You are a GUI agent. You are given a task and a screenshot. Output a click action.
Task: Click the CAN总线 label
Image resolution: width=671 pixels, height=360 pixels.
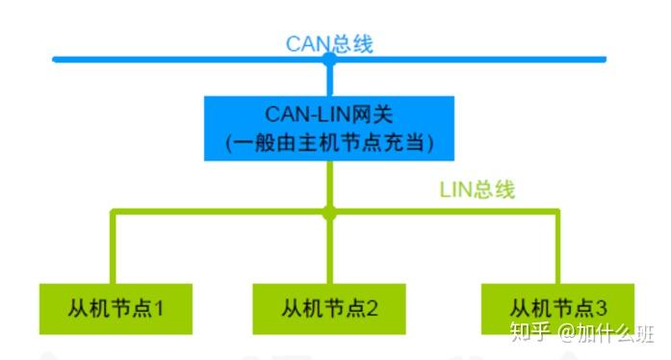click(x=328, y=43)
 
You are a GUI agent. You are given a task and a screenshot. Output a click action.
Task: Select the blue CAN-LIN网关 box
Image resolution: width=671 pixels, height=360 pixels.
click(x=329, y=128)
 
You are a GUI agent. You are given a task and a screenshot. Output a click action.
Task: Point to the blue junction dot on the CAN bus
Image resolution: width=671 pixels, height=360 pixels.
click(x=329, y=60)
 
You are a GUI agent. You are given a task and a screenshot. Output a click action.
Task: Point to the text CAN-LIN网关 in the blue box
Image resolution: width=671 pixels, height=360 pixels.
click(x=329, y=115)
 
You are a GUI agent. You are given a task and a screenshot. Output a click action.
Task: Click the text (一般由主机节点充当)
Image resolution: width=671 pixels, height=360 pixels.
click(x=329, y=142)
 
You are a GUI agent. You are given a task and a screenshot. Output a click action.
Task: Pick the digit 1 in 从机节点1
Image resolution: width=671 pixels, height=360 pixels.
click(x=160, y=309)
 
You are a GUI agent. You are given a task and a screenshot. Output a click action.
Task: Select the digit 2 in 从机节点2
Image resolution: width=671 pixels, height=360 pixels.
click(x=373, y=309)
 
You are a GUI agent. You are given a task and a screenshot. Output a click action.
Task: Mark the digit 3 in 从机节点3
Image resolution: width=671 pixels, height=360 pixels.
click(x=602, y=309)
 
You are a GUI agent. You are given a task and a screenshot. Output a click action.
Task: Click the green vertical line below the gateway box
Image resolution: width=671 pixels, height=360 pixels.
click(x=329, y=183)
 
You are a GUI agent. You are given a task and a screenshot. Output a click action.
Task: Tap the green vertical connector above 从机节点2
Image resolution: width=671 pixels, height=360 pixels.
click(x=329, y=250)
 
